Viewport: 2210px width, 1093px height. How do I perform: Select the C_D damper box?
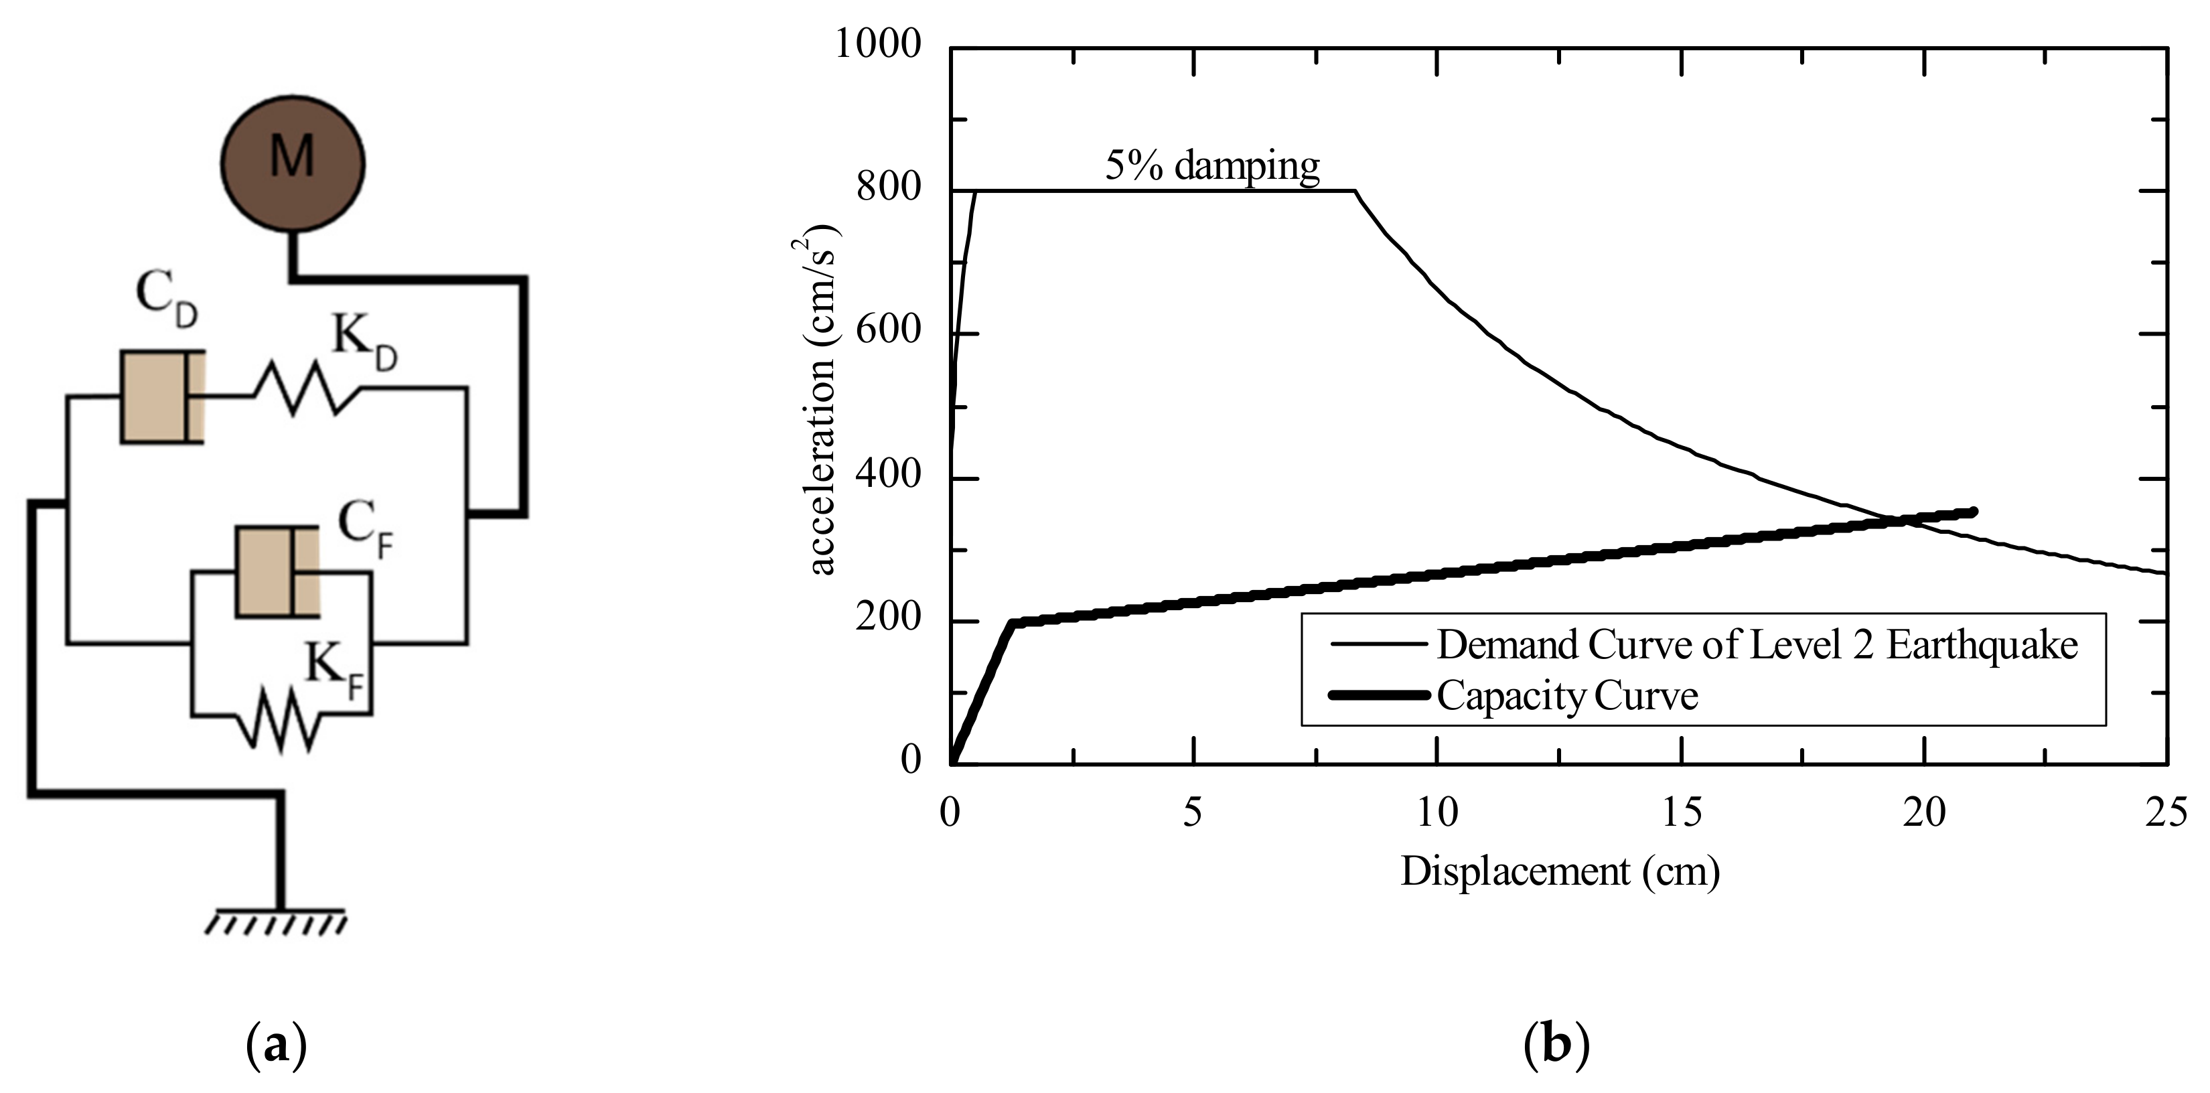click(x=161, y=396)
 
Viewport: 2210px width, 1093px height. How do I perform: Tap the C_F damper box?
click(x=277, y=571)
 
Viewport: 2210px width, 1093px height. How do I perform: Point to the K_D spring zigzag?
click(x=306, y=388)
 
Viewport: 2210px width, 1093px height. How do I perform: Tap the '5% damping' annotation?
click(x=1211, y=165)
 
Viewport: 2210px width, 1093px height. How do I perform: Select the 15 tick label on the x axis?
click(x=1682, y=812)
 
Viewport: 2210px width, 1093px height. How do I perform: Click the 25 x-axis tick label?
click(x=2166, y=812)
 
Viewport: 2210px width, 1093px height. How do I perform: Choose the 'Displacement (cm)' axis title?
click(x=1560, y=872)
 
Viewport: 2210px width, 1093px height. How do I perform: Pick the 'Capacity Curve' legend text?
click(x=1567, y=696)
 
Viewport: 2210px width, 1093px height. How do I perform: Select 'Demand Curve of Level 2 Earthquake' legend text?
click(x=1757, y=644)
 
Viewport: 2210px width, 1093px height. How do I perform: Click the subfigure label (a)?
click(x=276, y=1046)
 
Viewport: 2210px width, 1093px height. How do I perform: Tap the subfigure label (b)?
click(x=1556, y=1046)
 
